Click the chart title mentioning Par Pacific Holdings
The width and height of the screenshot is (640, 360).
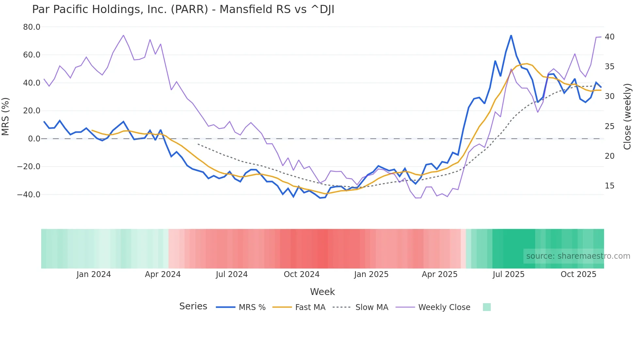pos(183,9)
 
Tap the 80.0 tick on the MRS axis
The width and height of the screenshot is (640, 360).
pos(32,27)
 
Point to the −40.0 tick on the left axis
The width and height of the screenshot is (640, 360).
pos(29,195)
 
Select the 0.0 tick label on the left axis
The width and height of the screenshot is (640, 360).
pos(34,139)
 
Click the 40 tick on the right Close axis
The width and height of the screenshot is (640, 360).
pos(609,37)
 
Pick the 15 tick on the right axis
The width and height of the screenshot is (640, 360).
pos(609,186)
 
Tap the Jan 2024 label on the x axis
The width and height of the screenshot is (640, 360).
pos(94,274)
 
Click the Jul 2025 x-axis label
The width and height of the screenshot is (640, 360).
pos(508,274)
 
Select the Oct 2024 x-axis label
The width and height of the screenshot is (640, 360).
pos(301,274)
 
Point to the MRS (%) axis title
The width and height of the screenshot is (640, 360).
pos(6,117)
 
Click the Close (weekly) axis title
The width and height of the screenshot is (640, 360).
pos(627,117)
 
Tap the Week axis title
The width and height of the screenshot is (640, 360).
pos(322,292)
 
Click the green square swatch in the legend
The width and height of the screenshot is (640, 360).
pos(487,307)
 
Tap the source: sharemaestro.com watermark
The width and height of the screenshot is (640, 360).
pos(578,256)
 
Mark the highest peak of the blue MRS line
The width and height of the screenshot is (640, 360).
pos(511,35)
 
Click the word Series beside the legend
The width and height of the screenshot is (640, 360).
pos(193,306)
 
